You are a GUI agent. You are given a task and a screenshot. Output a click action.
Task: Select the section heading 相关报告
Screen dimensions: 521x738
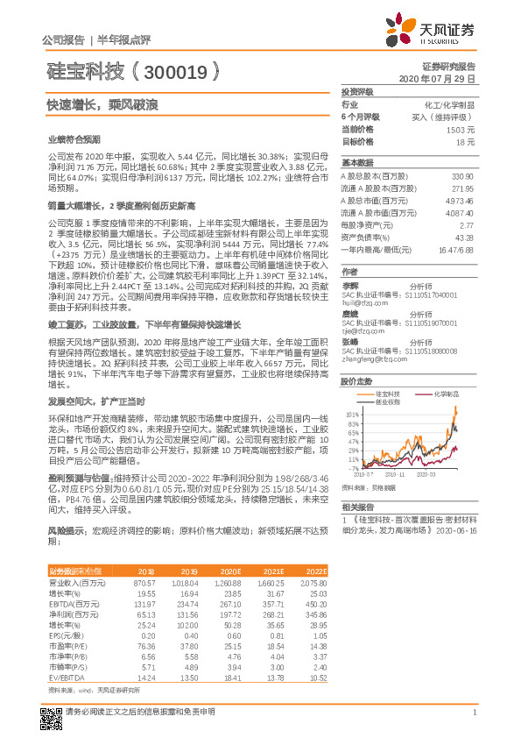point(357,507)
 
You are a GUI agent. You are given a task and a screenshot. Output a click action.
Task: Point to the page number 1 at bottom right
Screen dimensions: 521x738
point(474,712)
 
